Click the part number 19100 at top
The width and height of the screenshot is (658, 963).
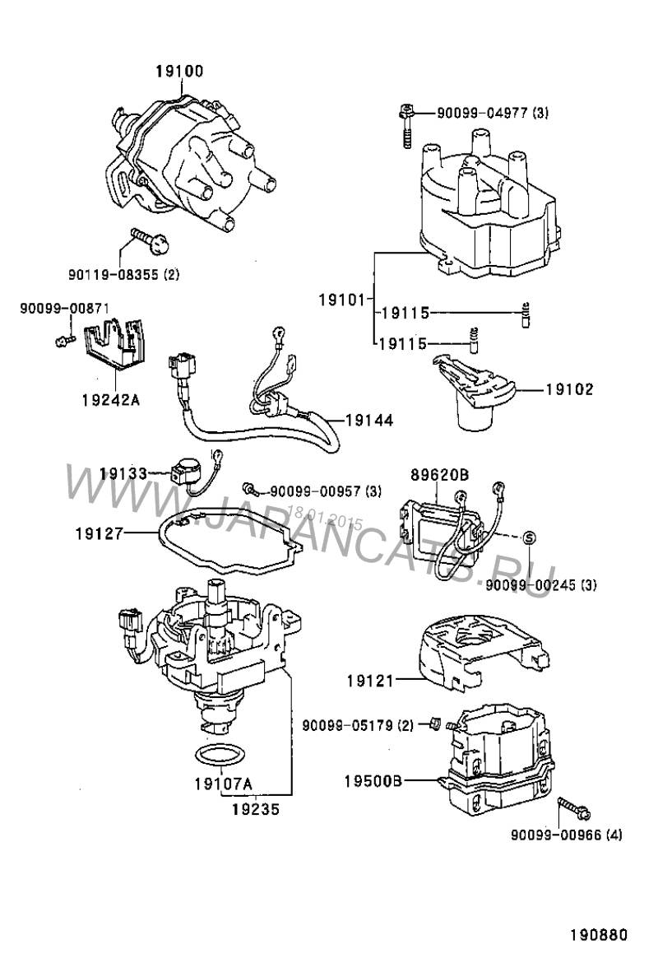pyautogui.click(x=179, y=72)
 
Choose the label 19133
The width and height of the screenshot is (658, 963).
pyautogui.click(x=123, y=473)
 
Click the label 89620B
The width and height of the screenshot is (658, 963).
pyautogui.click(x=439, y=475)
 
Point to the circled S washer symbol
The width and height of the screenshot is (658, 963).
pyautogui.click(x=529, y=537)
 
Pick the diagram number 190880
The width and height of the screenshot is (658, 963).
pyautogui.click(x=598, y=936)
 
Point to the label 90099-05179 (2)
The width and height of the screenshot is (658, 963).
pyautogui.click(x=358, y=725)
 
